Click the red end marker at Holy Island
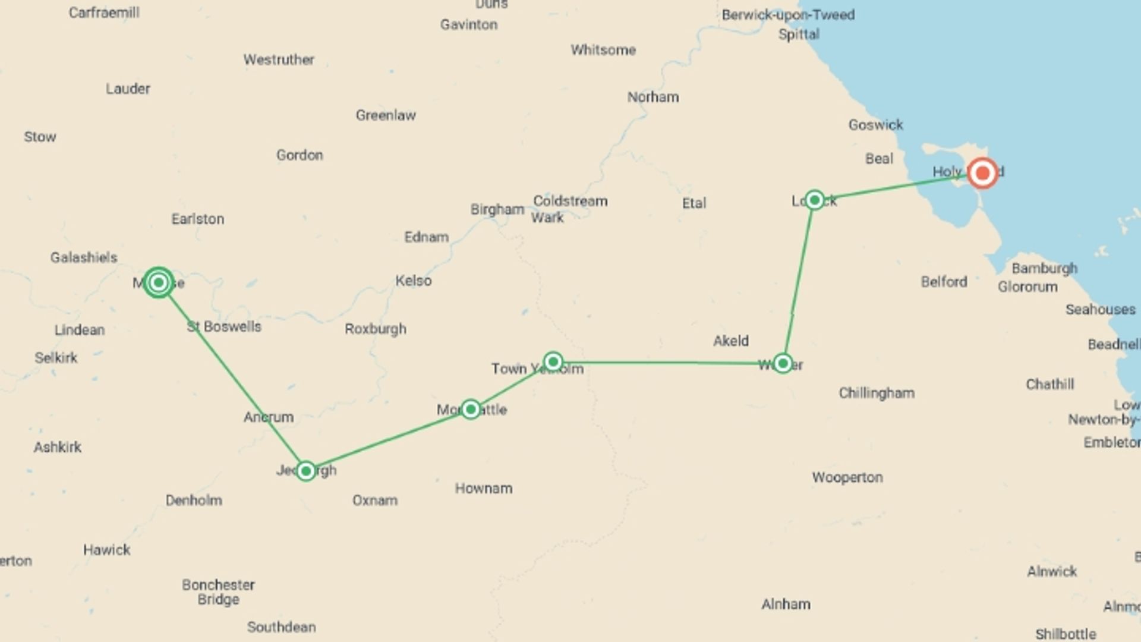pos(982,173)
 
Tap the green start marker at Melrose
pos(159,282)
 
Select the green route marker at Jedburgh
pos(306,471)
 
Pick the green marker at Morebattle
pos(471,409)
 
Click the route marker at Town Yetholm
pos(553,361)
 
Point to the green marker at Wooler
pos(783,363)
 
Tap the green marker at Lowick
pos(815,200)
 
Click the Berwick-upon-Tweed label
pos(788,15)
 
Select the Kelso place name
pos(414,281)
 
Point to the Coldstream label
pos(570,201)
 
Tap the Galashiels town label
pos(84,257)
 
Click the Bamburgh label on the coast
pos(1044,268)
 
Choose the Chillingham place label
pos(877,393)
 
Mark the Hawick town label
pos(107,550)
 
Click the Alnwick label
pos(1052,571)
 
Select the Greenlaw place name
pos(386,115)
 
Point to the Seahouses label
pos(1100,309)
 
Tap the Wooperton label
pos(847,477)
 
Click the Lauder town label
pos(128,89)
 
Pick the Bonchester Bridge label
pos(218,592)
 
